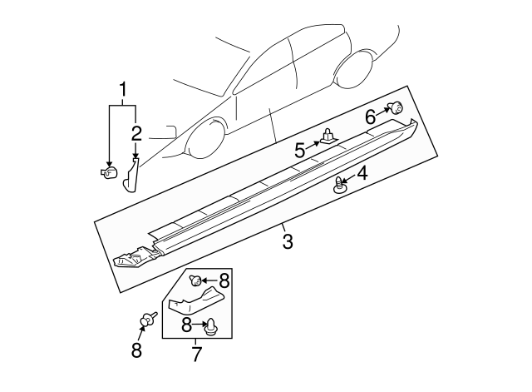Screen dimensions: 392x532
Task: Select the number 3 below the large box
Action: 287,242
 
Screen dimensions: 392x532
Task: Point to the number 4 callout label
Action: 362,174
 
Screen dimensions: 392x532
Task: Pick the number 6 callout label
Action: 370,117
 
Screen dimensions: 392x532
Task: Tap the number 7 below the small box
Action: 196,355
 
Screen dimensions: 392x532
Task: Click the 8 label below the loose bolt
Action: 137,350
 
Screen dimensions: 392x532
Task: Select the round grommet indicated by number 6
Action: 397,107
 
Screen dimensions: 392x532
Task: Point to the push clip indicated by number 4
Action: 339,186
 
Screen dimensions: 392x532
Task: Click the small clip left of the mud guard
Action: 106,172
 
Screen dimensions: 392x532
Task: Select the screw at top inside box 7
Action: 193,280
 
